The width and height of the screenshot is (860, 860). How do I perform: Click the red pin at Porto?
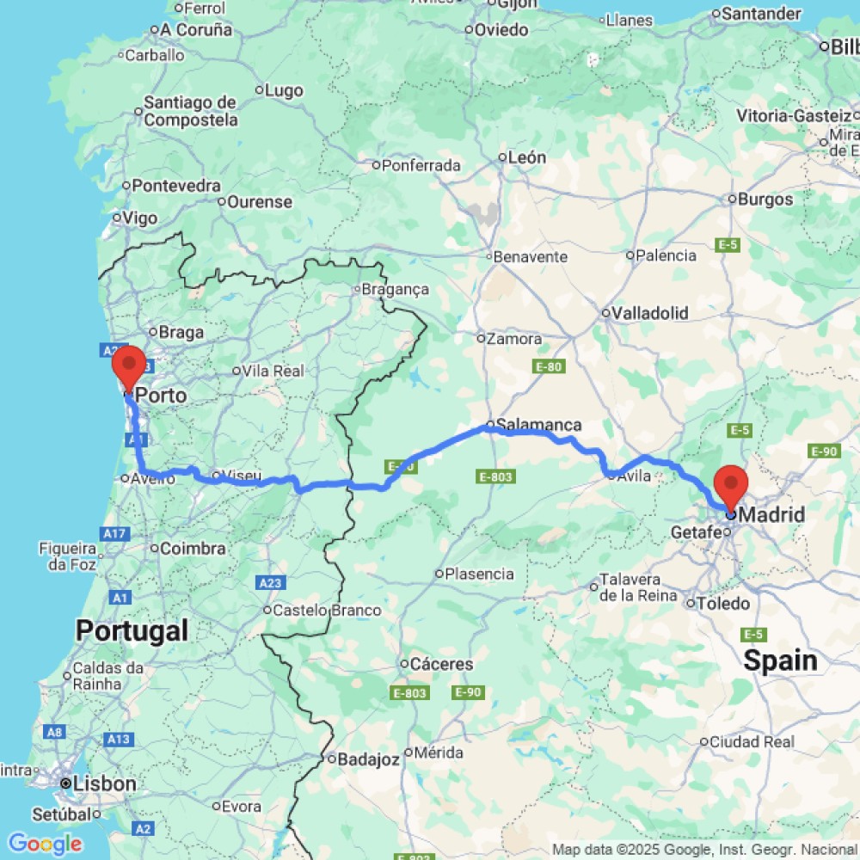click(x=129, y=365)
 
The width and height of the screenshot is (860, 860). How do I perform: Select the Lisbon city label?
click(x=105, y=783)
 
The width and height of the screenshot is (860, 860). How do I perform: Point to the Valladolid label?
click(x=649, y=313)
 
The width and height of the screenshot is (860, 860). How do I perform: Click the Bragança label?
click(x=395, y=290)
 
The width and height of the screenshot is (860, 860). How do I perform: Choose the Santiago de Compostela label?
click(x=190, y=112)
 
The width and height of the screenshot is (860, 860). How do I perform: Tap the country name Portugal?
click(x=132, y=630)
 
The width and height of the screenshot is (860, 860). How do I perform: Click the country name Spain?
click(x=780, y=660)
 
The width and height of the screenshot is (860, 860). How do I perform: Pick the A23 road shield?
click(x=270, y=583)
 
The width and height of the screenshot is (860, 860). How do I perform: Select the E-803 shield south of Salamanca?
click(x=496, y=476)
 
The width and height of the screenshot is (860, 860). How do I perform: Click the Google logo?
click(x=45, y=844)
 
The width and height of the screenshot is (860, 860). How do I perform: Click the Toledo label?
click(x=723, y=603)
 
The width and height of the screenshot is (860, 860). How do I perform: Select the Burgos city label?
click(x=765, y=200)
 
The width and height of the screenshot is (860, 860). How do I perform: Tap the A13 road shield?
click(x=118, y=739)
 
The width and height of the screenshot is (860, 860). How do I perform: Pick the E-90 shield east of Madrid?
click(x=824, y=451)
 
